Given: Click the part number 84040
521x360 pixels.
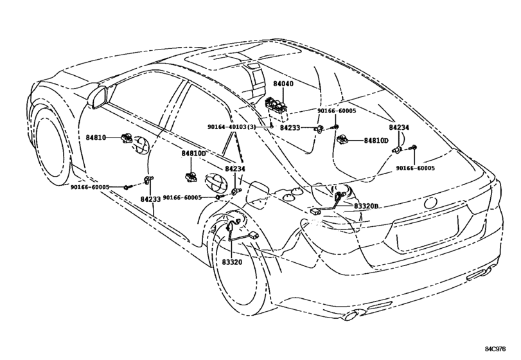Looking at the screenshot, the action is tap(283, 84).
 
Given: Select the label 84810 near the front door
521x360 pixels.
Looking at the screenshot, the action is tap(96, 138).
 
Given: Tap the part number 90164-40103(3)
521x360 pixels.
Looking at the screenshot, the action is tap(232, 127).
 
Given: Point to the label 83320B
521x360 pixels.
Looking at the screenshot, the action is tap(366, 206).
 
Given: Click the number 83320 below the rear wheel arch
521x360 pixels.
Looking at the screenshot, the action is tap(232, 262).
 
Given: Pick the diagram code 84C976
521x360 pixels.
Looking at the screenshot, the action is tap(495, 349).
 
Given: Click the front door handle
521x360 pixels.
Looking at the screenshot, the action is tap(140, 147).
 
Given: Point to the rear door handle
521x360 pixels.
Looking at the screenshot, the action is tap(215, 181).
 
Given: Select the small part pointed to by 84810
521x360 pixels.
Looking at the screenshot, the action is tap(126, 137).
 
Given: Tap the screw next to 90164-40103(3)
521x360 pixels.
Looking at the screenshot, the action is tap(271, 125).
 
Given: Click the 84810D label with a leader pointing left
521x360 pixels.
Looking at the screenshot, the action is tap(376, 141).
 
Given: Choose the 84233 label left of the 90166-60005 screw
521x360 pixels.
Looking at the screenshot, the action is tap(290, 128).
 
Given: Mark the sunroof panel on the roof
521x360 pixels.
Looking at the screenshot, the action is tap(243, 57).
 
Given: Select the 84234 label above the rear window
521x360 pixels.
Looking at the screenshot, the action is tap(399, 128).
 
